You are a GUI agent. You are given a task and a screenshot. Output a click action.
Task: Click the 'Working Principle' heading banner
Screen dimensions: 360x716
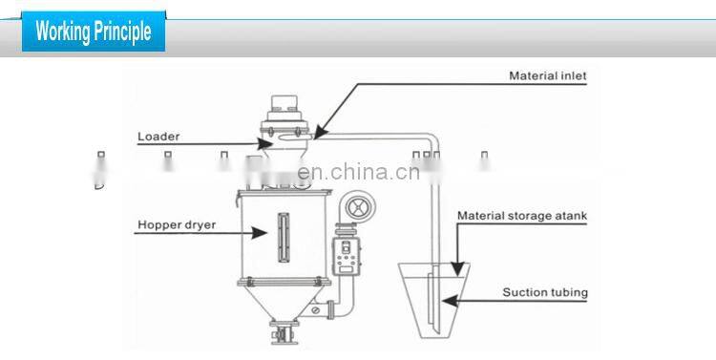pos(93,31)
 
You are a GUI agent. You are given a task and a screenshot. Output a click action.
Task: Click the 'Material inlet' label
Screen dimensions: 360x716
pos(547,75)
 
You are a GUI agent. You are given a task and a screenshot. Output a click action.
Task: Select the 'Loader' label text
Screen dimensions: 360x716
pos(158,137)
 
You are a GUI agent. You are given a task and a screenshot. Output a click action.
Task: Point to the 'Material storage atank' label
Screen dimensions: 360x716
pos(521,216)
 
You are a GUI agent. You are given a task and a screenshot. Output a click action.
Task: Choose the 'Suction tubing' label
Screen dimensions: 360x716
pos(545,292)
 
